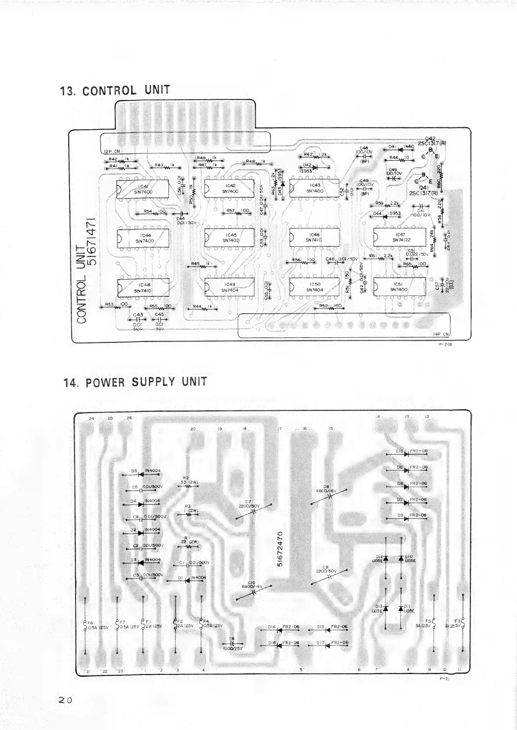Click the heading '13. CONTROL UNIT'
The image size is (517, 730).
(x=115, y=90)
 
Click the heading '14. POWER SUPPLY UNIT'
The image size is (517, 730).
(x=135, y=382)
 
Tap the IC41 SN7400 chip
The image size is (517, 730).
(x=143, y=189)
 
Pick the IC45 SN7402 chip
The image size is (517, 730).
(x=229, y=238)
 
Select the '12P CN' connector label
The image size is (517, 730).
(x=112, y=151)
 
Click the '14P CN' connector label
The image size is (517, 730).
(x=441, y=334)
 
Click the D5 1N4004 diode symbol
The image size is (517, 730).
(x=141, y=474)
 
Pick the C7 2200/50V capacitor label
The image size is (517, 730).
(x=249, y=504)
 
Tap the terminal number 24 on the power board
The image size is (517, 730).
(x=91, y=418)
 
